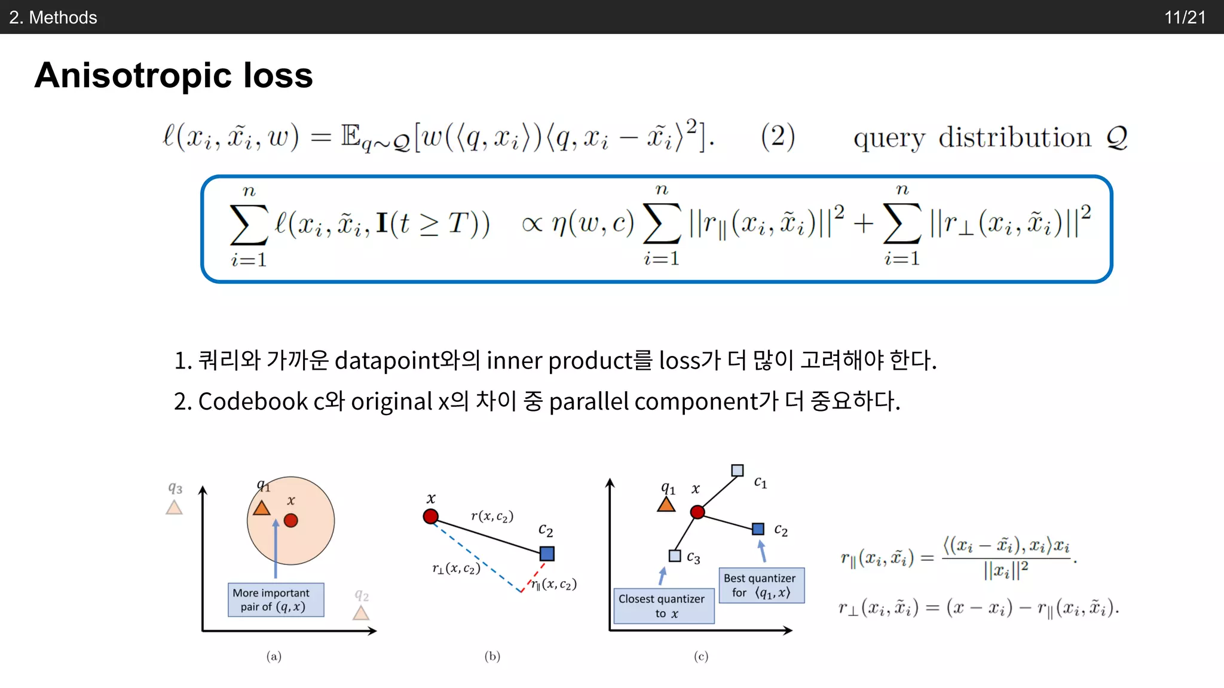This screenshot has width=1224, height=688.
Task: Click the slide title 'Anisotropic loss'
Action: (173, 76)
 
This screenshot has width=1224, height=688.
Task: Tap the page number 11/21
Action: (1185, 17)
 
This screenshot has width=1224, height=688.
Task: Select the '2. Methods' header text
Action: (53, 17)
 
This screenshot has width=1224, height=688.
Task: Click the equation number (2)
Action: (778, 137)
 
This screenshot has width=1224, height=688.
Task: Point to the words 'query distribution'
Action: (972, 138)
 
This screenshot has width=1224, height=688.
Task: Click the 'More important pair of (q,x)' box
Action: (276, 600)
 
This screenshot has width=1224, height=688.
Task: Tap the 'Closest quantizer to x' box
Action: (663, 606)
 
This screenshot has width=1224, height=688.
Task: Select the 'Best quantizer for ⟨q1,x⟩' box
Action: (761, 585)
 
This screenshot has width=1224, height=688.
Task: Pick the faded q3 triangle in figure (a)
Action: (174, 508)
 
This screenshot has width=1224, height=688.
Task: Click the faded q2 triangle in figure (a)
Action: (360, 613)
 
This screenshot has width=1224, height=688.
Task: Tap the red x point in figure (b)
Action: (430, 516)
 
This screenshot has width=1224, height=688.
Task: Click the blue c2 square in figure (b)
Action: (547, 554)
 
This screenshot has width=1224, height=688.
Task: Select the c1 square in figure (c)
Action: (738, 471)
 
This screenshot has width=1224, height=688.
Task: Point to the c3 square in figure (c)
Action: (675, 556)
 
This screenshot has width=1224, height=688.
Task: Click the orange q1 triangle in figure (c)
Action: (666, 505)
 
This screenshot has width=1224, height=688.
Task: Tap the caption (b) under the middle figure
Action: (492, 656)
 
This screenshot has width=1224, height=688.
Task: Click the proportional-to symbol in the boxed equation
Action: (532, 224)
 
